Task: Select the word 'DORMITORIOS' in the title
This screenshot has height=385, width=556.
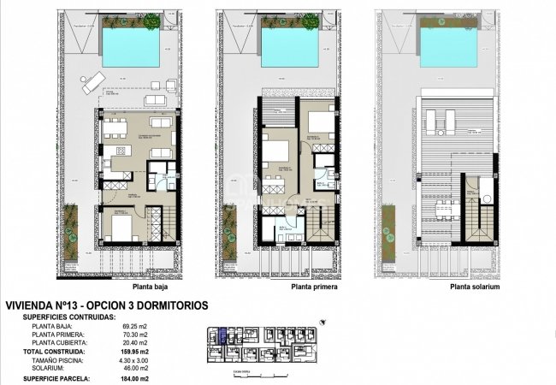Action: pyautogui.click(x=168, y=305)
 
